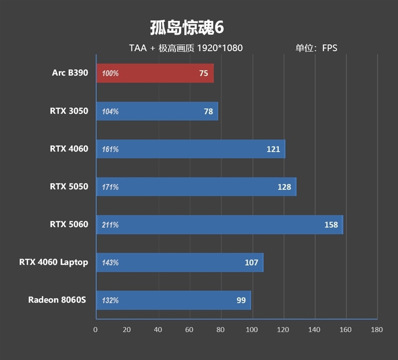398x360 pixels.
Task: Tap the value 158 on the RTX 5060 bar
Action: point(331,225)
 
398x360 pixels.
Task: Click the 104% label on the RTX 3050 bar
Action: point(110,111)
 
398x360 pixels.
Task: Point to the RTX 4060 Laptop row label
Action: point(53,262)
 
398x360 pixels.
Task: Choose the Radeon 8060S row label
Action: point(57,300)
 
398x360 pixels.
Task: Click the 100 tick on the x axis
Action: point(252,330)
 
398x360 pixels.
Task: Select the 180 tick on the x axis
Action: point(377,330)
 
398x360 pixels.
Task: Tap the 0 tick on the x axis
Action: point(96,330)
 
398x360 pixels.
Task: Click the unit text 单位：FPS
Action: point(316,48)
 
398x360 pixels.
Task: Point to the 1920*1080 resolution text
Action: point(219,48)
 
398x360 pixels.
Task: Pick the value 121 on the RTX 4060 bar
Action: point(273,149)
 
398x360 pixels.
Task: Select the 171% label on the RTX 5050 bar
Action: point(110,187)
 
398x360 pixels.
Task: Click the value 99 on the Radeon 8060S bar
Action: point(241,300)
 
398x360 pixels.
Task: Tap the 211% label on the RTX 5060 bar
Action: point(110,225)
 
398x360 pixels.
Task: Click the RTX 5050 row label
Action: point(69,186)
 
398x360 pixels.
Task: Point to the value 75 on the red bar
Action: point(203,73)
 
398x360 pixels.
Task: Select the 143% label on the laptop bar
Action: point(110,263)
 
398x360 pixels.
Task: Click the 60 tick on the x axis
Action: point(189,330)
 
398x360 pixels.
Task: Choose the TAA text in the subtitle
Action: point(138,48)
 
